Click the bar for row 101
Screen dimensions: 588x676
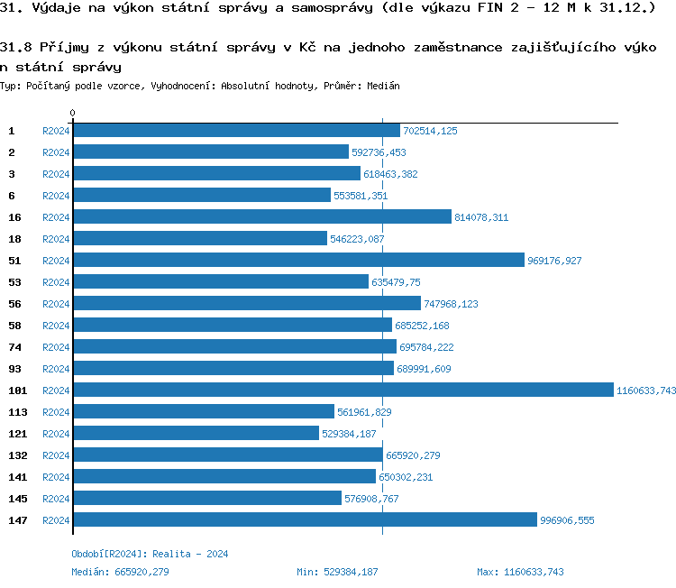(x=343, y=390)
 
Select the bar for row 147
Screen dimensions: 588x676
(x=305, y=519)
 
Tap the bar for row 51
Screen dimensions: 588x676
(x=297, y=260)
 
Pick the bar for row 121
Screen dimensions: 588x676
(x=196, y=433)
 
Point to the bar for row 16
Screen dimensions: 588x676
(x=261, y=216)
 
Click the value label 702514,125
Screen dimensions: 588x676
(x=430, y=131)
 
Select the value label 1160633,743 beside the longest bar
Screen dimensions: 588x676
(x=645, y=390)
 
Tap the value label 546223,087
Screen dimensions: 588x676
(x=357, y=239)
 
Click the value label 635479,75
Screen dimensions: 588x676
(x=396, y=282)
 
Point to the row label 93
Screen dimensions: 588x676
(x=14, y=368)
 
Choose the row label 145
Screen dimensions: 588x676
(x=17, y=498)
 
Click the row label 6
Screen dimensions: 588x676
(x=12, y=195)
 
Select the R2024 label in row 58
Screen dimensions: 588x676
(x=56, y=326)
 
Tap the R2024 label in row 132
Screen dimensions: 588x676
(x=56, y=455)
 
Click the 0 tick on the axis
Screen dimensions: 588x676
(x=72, y=114)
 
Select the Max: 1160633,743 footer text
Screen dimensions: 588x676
(x=520, y=572)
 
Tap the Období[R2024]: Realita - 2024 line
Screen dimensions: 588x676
(x=150, y=554)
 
